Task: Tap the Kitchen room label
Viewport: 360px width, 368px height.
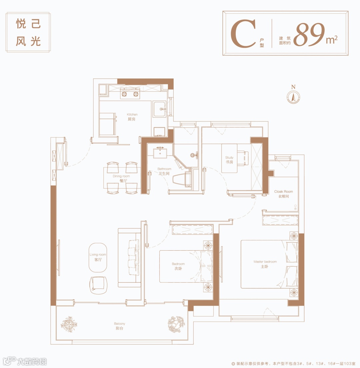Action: click(132, 117)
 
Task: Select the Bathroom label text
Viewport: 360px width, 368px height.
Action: click(164, 171)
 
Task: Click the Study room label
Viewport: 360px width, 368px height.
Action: click(229, 160)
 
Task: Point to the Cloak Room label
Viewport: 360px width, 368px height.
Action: click(284, 194)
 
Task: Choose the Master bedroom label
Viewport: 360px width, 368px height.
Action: click(265, 264)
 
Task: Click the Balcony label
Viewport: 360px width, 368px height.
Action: click(119, 326)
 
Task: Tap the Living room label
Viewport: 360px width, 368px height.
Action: click(98, 257)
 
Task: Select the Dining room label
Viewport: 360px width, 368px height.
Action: click(121, 178)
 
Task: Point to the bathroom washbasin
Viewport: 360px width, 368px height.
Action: click(160, 153)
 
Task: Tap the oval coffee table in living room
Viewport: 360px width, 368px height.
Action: click(98, 258)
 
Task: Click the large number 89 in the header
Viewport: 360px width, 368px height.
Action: click(309, 34)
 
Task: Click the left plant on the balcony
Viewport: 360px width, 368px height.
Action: click(69, 324)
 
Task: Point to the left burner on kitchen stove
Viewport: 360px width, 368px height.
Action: click(124, 94)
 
